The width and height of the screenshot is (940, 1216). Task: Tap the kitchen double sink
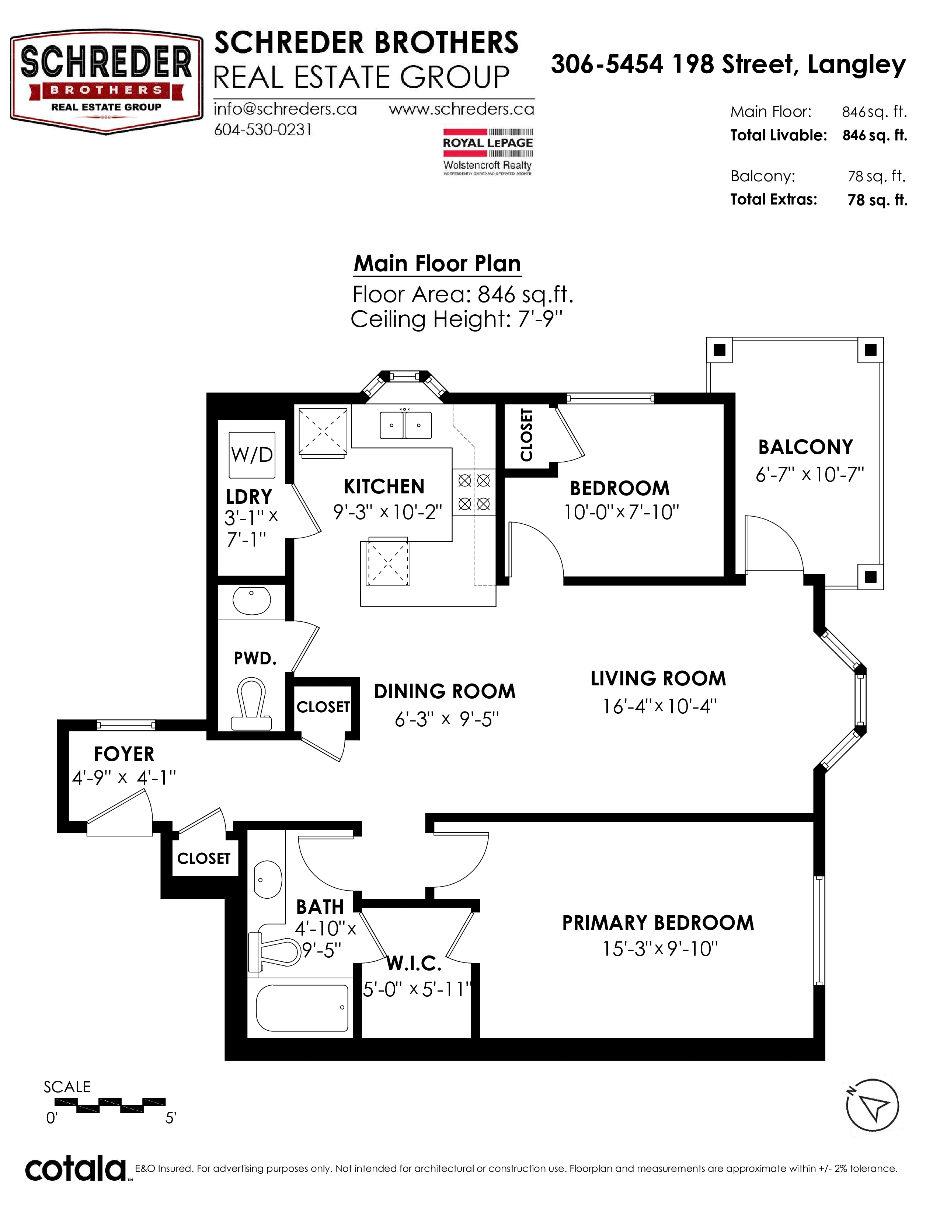tap(405, 425)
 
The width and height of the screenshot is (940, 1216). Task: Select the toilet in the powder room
tap(251, 704)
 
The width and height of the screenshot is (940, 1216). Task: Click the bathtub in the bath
tap(302, 1008)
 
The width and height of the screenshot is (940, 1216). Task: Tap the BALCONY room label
tap(805, 447)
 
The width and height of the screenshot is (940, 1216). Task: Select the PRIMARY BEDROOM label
tap(658, 923)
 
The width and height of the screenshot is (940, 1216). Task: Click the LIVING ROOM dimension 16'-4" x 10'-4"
tap(659, 706)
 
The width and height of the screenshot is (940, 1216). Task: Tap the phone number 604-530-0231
tap(263, 130)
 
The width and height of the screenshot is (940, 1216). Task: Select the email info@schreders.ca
tap(285, 109)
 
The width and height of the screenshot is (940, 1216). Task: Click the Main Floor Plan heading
tap(437, 263)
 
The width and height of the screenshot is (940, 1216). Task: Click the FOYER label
tap(123, 754)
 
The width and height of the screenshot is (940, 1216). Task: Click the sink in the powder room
tap(251, 600)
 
